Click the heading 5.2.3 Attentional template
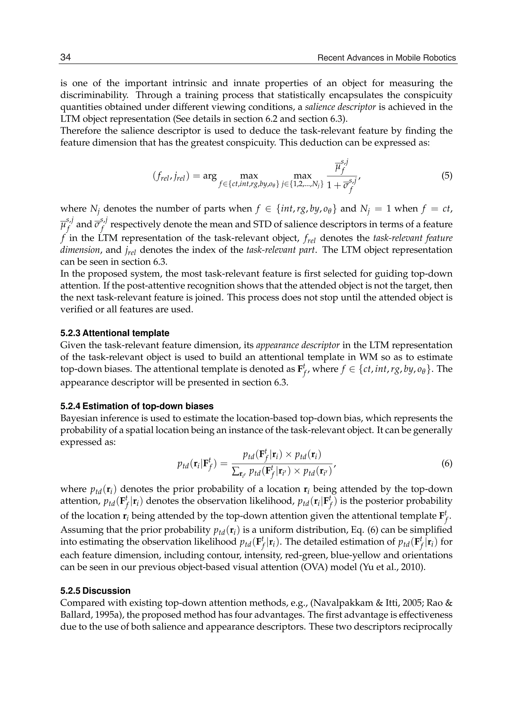(x=114, y=333)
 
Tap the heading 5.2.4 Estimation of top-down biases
(x=137, y=406)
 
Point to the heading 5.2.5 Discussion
(x=95, y=591)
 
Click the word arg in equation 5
(x=210, y=175)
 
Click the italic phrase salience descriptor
(x=340, y=107)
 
